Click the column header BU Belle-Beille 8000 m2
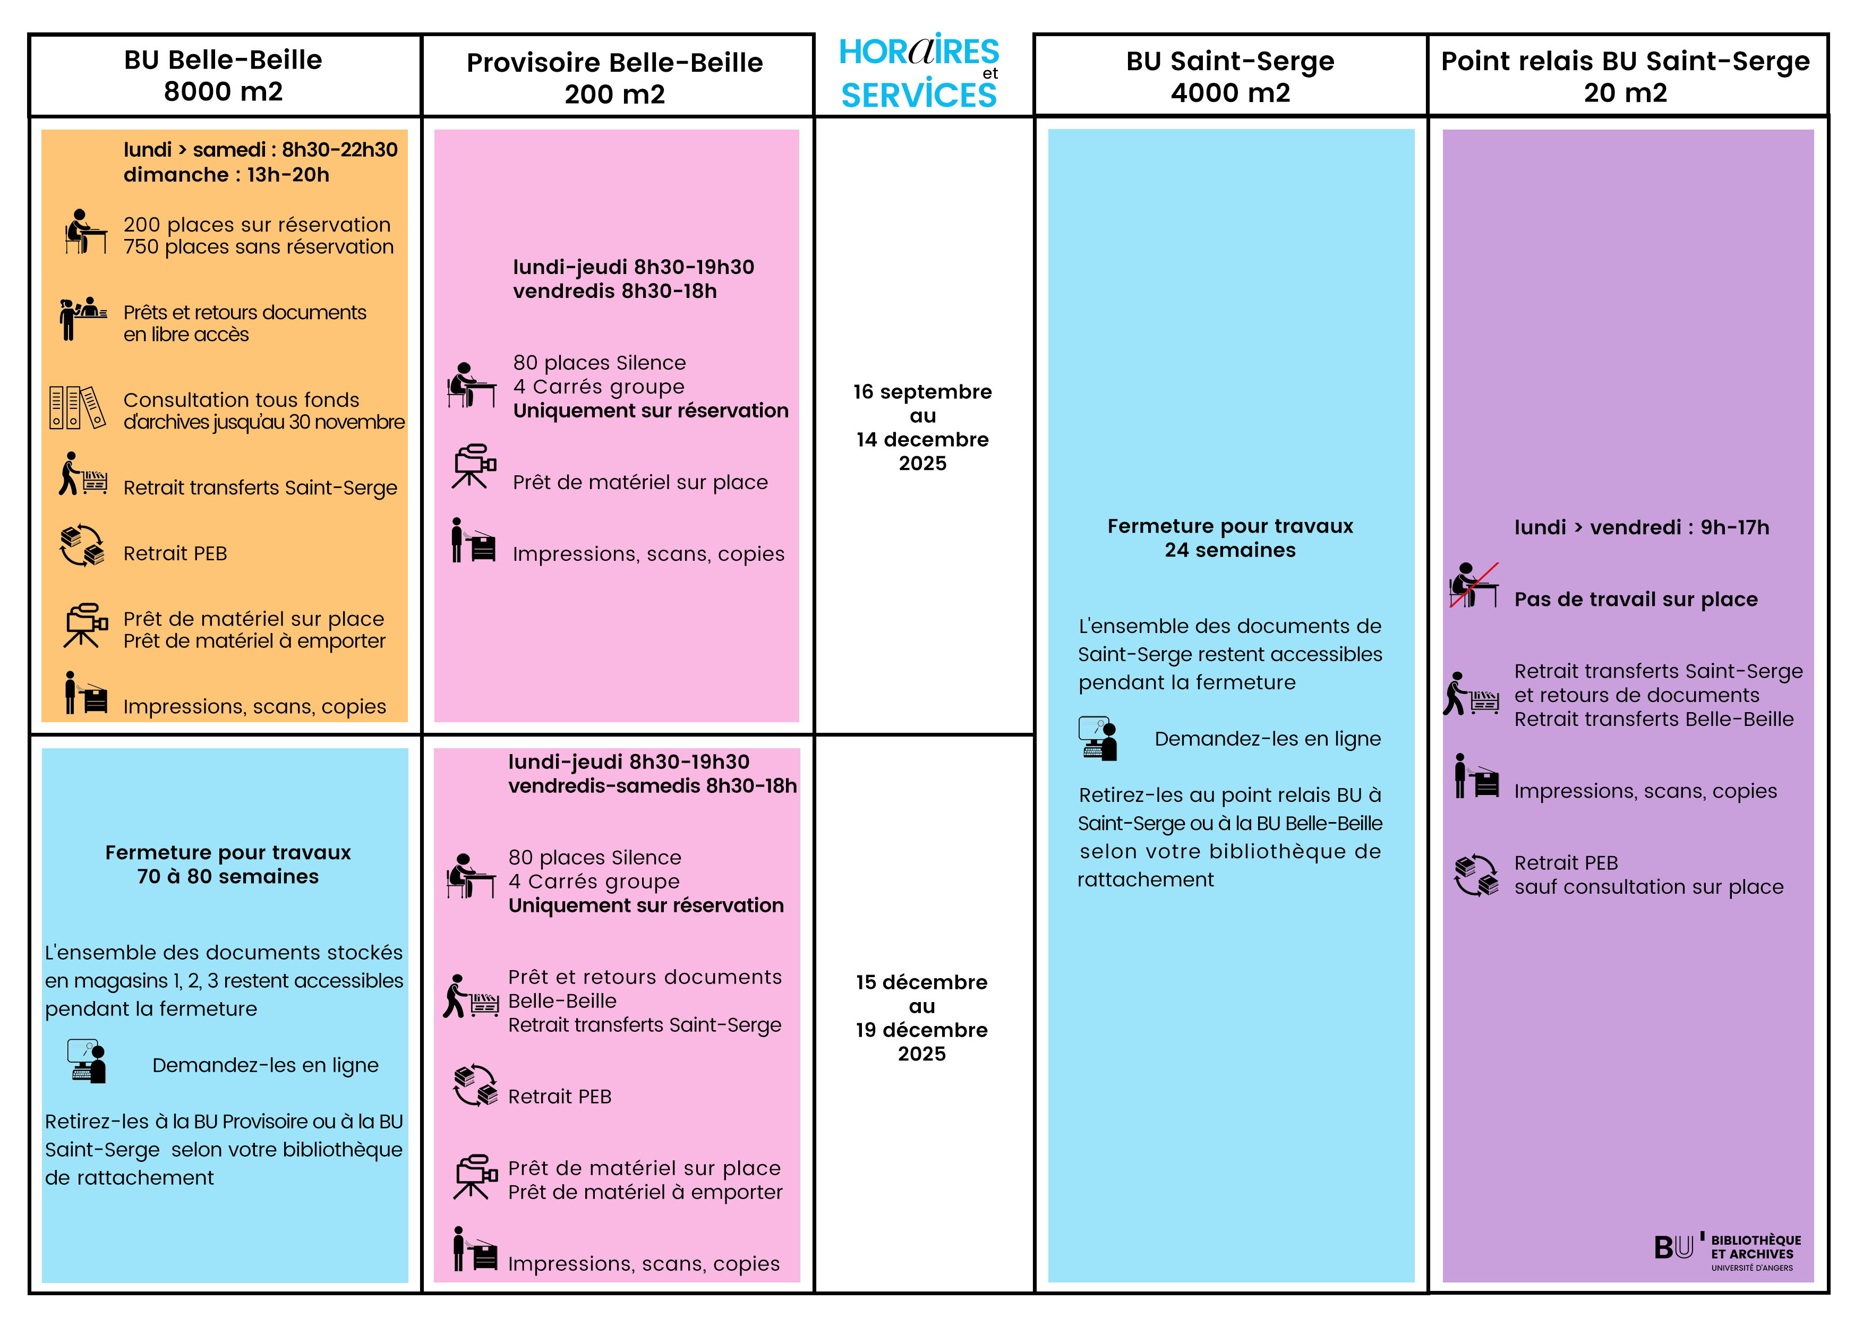(223, 75)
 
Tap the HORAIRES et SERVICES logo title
(919, 74)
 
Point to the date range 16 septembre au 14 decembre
(922, 427)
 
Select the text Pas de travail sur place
(1636, 600)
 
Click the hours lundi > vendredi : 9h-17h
(1642, 527)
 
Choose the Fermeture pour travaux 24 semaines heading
(1230, 538)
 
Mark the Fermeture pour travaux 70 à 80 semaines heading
(228, 864)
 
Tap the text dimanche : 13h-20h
(226, 175)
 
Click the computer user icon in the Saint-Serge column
(1098, 739)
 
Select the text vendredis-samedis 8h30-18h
(652, 786)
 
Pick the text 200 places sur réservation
(257, 225)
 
